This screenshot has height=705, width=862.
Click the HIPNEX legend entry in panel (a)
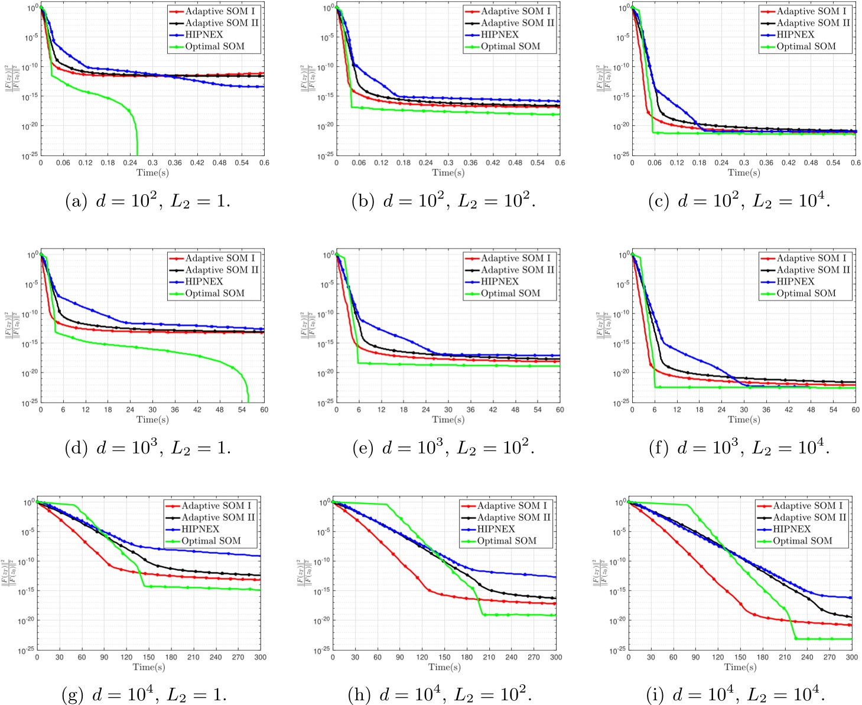point(204,35)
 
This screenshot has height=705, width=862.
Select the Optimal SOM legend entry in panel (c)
point(806,47)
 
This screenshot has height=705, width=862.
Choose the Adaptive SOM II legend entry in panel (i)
point(809,517)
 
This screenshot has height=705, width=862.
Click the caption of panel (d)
point(147,448)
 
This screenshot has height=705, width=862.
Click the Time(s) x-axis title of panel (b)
point(448,172)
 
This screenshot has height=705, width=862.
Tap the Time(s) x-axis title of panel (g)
point(149,667)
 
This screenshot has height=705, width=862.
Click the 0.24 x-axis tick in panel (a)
point(130,163)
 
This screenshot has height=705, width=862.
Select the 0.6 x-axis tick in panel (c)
point(855,163)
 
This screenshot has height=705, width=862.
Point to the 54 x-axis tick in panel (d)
point(242,410)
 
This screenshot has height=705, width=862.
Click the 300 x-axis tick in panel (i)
point(851,657)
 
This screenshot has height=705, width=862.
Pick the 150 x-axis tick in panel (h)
point(444,657)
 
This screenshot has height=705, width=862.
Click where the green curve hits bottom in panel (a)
point(137,155)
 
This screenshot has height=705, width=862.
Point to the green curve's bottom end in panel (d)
point(248,401)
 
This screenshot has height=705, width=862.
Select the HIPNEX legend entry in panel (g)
point(200,529)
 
